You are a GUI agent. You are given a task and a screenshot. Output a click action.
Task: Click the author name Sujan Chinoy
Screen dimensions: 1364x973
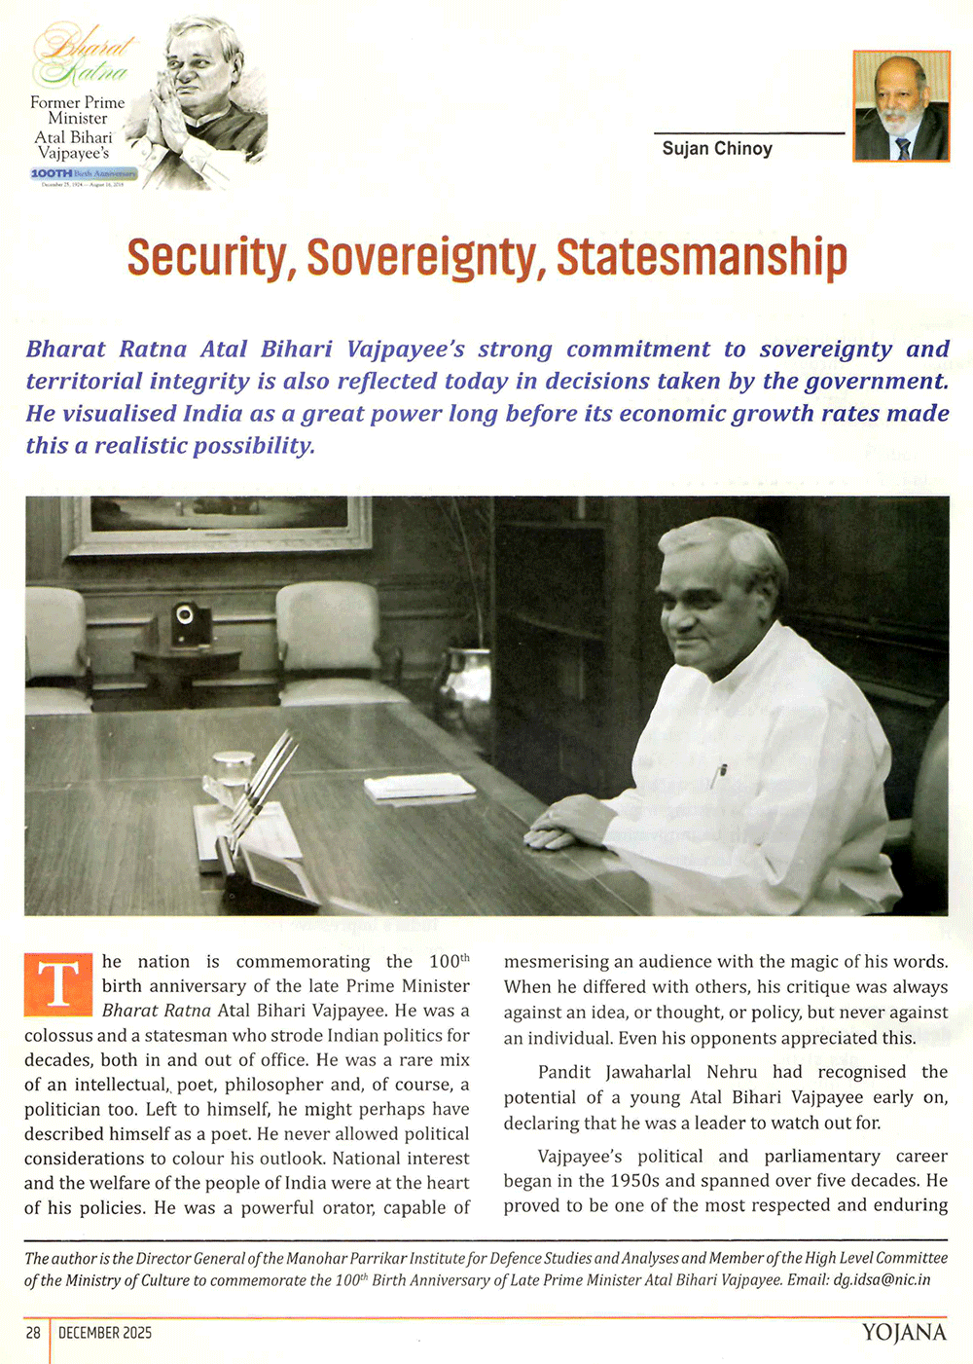717,149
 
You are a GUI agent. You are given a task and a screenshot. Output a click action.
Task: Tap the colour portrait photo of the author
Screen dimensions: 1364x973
901,106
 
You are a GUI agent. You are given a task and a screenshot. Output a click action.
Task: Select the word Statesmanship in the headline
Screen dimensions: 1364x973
702,257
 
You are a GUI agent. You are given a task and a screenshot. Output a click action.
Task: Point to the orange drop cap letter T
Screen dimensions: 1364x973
57,984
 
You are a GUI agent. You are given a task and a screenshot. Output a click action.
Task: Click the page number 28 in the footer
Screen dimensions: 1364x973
33,1333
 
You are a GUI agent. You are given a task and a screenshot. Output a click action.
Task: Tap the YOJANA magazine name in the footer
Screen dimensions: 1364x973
903,1333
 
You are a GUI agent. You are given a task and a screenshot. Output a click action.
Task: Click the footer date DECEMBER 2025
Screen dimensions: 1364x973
105,1333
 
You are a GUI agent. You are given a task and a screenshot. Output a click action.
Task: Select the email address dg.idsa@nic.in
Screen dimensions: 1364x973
882,1279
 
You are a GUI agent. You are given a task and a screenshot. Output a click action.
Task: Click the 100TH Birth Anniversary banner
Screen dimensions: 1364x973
84,173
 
